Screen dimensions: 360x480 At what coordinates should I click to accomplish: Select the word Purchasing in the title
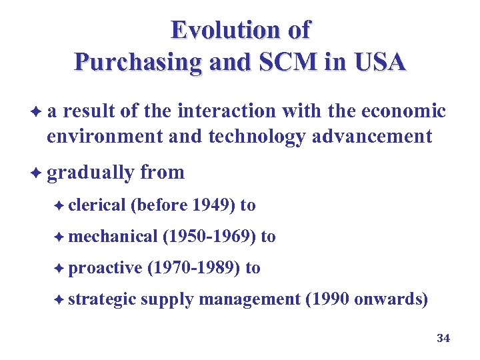point(136,62)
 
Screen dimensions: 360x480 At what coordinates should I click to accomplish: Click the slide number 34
point(443,339)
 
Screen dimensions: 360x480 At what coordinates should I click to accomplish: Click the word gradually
point(91,173)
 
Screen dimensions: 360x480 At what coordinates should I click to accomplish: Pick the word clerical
point(97,205)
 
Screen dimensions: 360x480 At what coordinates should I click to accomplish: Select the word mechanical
point(112,237)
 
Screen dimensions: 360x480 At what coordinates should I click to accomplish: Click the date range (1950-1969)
point(209,237)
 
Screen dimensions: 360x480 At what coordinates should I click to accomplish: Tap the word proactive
point(105,268)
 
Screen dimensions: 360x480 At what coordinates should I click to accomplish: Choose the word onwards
point(391,299)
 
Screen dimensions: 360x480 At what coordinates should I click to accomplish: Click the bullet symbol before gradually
point(37,172)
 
